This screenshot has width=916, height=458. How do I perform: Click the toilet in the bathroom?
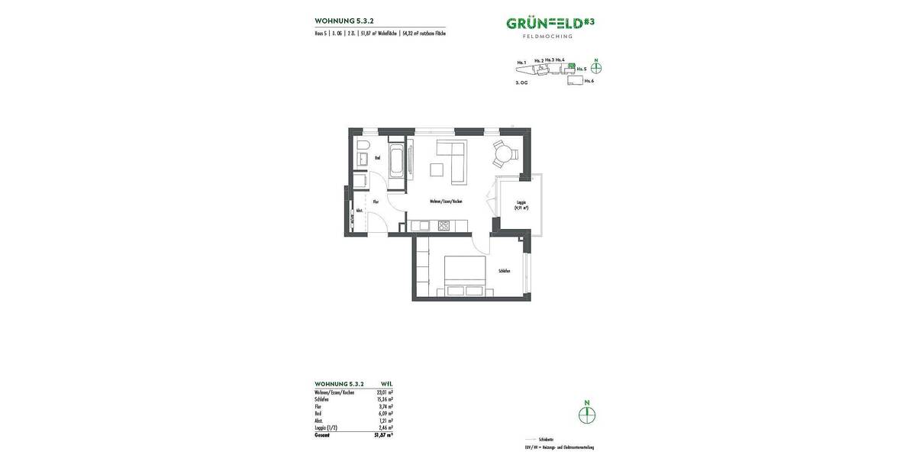(363, 144)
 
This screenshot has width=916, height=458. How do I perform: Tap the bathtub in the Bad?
(396, 162)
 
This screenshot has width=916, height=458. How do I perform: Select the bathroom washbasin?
(363, 159)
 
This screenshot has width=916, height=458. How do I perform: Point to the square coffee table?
(437, 169)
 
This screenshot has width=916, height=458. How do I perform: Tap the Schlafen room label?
(504, 271)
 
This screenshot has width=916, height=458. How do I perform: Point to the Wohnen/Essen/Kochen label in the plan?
(446, 202)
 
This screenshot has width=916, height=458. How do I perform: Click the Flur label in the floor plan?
(376, 202)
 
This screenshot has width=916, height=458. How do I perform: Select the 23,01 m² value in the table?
(385, 392)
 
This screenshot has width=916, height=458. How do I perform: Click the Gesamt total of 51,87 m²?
(384, 434)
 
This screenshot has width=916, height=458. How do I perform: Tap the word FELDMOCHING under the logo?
(547, 36)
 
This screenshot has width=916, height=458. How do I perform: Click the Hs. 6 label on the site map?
(589, 80)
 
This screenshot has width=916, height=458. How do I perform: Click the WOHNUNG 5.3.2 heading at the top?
(344, 21)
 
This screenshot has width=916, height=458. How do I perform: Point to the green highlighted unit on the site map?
(572, 66)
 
